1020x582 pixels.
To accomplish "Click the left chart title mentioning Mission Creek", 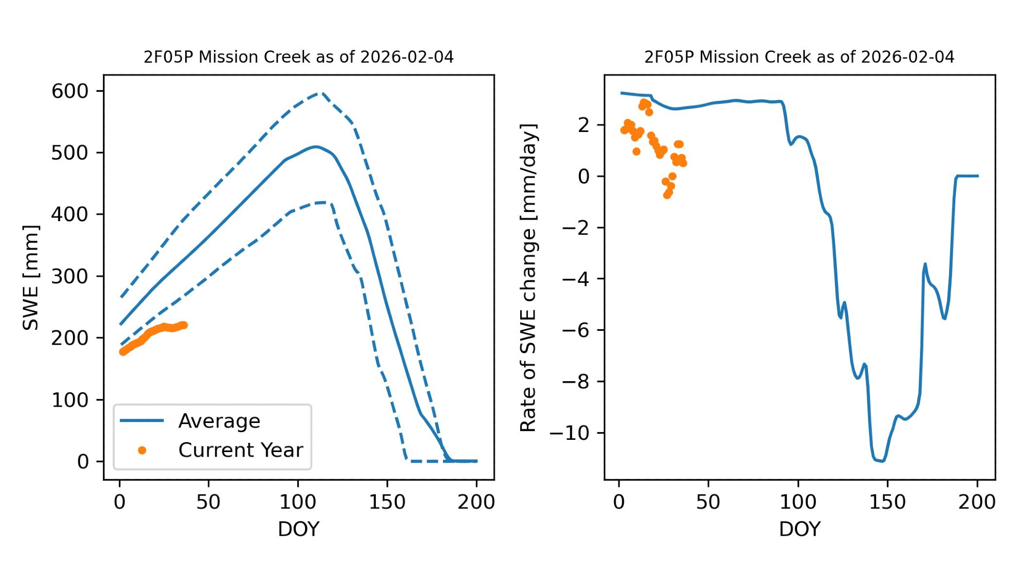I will coord(298,57).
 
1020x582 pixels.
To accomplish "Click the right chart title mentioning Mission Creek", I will coord(799,57).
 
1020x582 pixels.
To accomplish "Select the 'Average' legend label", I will coord(219,421).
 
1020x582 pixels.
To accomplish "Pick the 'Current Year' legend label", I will coord(241,450).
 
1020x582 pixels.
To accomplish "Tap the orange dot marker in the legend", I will coord(142,450).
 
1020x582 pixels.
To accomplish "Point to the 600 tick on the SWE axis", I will coord(70,91).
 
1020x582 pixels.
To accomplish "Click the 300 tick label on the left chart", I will coord(70,276).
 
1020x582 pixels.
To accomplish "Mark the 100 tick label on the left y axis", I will coord(70,400).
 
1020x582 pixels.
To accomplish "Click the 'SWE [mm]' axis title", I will coord(31,277).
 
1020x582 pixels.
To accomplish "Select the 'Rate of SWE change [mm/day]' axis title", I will coord(528,277).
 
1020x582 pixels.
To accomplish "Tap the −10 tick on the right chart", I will coord(569,433).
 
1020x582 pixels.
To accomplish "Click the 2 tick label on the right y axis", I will coord(583,125).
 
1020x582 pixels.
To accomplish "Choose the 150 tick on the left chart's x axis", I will coord(387,502).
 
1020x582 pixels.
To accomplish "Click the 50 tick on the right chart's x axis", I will coord(708,502).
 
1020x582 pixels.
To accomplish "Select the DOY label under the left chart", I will coord(298,529).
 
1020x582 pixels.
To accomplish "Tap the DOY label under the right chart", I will coord(799,529).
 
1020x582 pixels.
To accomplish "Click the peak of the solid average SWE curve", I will coord(316,147).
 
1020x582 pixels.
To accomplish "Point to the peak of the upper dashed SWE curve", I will coord(320,93).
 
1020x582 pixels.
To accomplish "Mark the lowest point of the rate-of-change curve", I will coord(882,461).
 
